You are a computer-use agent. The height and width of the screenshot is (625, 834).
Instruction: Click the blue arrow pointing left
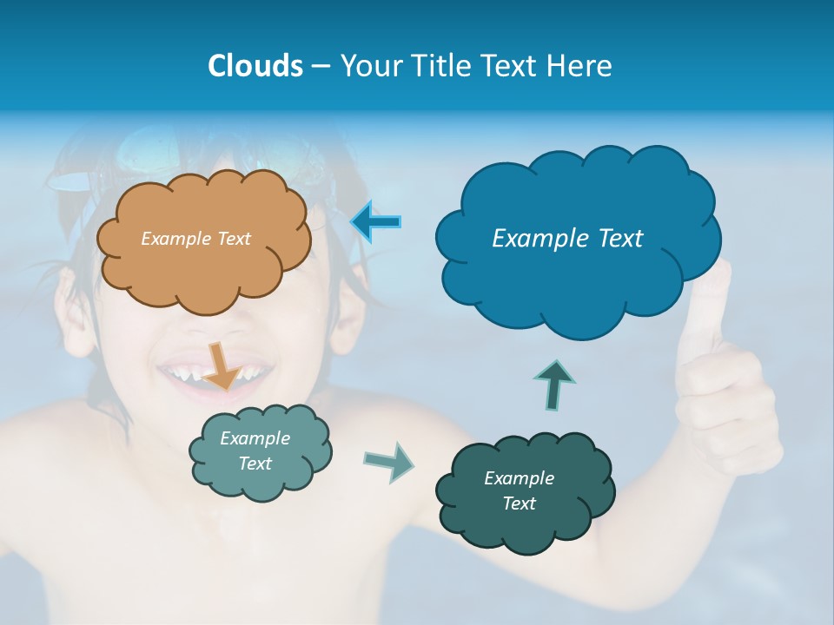pos(376,222)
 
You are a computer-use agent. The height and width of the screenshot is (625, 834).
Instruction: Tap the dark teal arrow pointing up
pos(555,385)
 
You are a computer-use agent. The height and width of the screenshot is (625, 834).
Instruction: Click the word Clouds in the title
pos(255,66)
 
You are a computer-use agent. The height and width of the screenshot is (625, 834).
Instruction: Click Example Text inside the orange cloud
pos(195,239)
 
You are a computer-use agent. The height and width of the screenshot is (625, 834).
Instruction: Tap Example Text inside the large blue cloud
pos(567,239)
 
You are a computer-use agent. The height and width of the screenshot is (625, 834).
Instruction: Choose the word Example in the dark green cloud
pos(519,478)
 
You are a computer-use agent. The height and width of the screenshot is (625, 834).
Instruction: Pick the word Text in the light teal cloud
pos(255,464)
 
